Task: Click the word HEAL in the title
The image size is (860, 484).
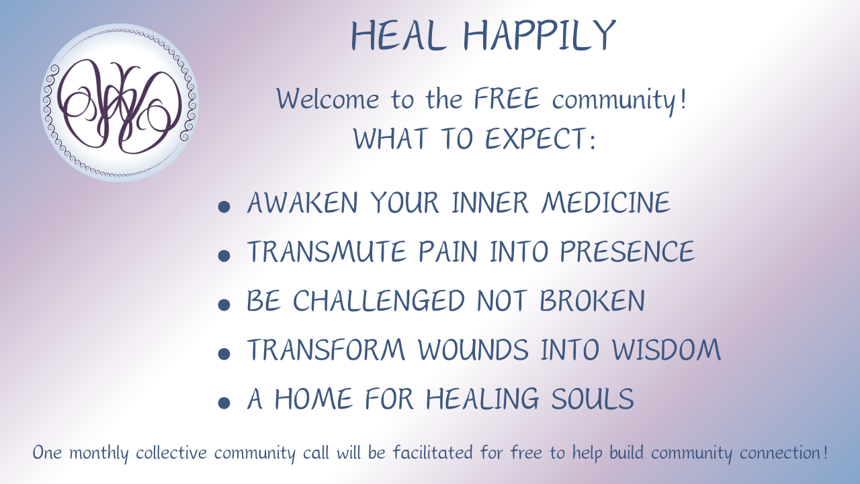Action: point(398,36)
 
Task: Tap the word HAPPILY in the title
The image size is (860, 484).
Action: point(540,36)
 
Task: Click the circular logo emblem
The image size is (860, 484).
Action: point(120,103)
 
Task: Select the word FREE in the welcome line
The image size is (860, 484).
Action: point(507,99)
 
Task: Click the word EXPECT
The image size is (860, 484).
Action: point(535,138)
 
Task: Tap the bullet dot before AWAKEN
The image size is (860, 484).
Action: point(224,206)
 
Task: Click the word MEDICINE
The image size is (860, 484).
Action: point(606,202)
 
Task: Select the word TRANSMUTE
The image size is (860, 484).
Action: point(327,251)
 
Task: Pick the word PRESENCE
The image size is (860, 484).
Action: point(628,251)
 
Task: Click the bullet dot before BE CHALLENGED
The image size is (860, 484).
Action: point(224,305)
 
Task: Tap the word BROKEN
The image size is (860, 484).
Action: point(592,300)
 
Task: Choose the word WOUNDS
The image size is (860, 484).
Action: point(474,350)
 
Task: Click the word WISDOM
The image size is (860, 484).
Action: point(666,350)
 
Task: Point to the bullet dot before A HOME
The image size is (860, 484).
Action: point(224,403)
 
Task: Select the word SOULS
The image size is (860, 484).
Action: point(593,399)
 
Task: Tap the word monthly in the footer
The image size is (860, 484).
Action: point(99,452)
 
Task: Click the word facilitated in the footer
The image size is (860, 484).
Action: point(433,452)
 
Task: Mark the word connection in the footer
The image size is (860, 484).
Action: point(781,452)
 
